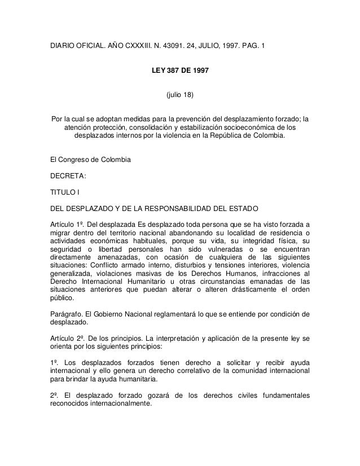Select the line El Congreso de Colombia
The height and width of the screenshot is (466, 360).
click(x=91, y=161)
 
